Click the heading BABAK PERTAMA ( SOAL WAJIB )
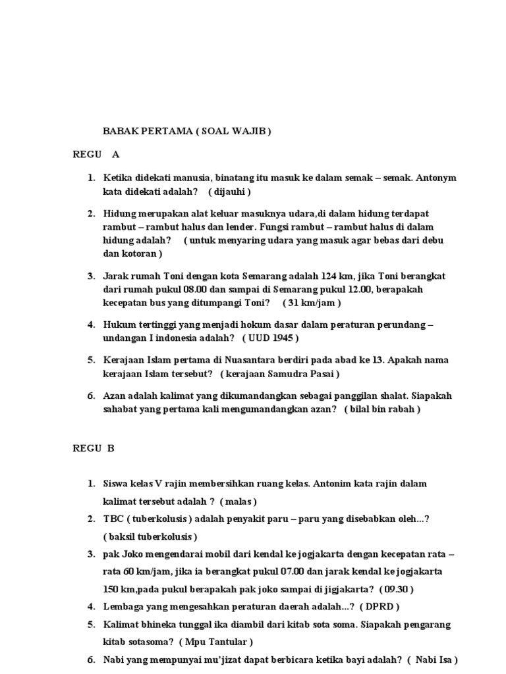point(187,131)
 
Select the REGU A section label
point(96,155)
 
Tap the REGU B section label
point(94,448)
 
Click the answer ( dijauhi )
point(230,192)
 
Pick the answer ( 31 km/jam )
point(312,303)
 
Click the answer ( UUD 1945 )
point(271,338)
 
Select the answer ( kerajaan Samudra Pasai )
point(281,374)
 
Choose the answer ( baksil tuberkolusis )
point(150,536)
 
